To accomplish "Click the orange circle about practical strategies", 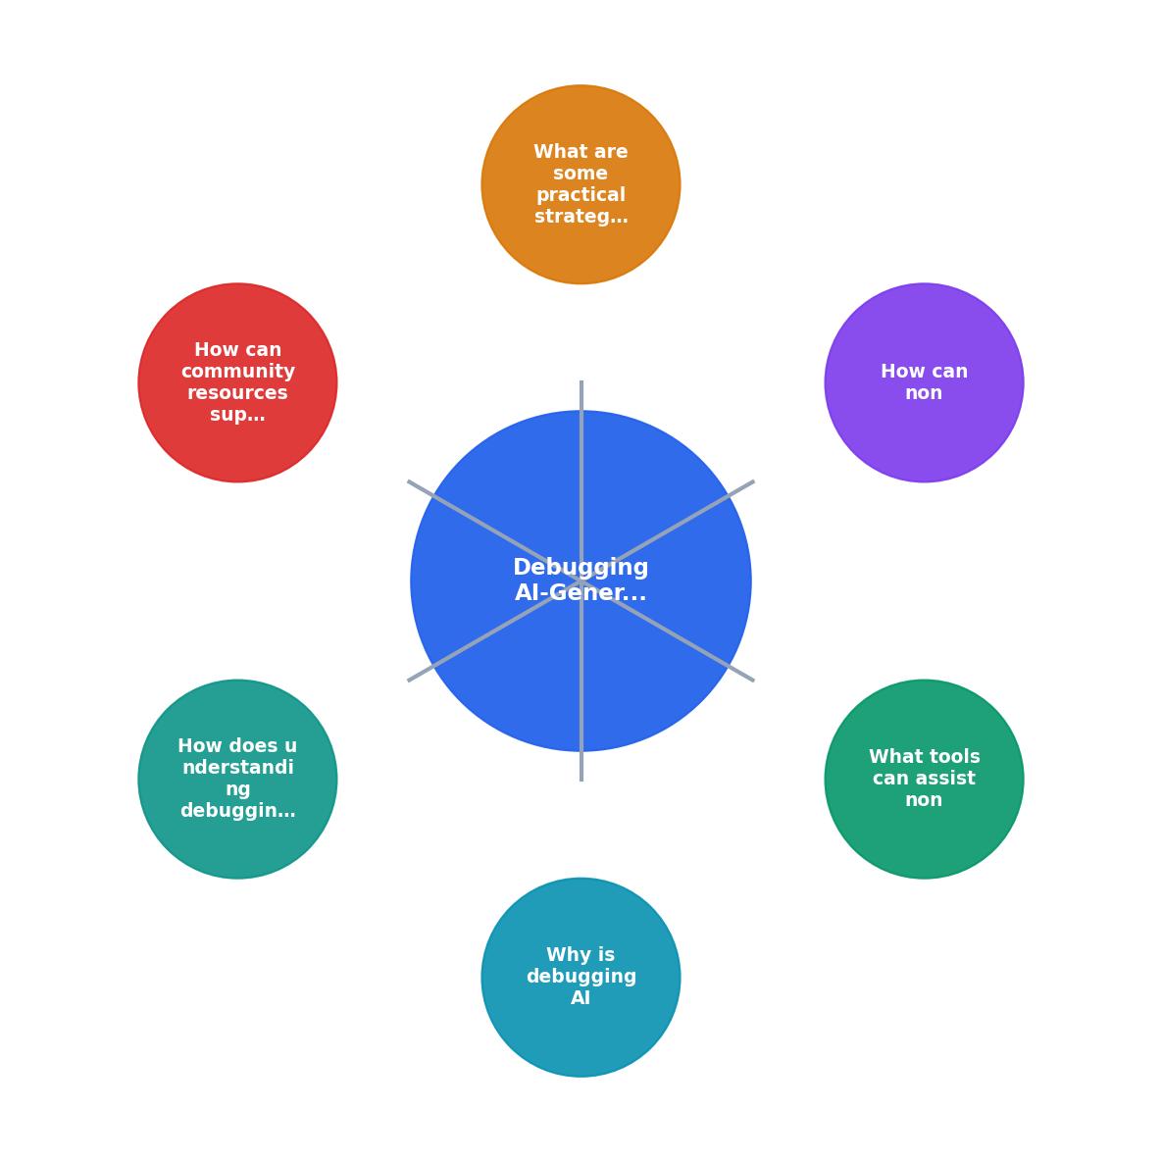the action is point(581,184).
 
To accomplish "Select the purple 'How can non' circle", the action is point(924,382).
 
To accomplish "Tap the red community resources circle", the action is point(238,382).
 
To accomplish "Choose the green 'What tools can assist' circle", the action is point(924,779).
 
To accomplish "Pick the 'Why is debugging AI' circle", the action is point(581,977).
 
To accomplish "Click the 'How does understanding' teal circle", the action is point(238,779).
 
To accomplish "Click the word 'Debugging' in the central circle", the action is point(581,568).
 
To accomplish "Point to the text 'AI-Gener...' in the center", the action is point(581,592).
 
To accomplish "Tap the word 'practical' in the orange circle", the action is point(581,195).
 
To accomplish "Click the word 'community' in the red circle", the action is point(238,372).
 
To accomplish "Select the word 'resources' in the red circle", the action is point(238,392).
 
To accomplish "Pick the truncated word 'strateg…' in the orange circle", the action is point(581,217).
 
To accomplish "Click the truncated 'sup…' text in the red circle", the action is point(238,415).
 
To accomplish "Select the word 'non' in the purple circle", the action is point(924,393).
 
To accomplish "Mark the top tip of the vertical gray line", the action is point(581,380).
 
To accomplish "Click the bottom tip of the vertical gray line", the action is point(581,782).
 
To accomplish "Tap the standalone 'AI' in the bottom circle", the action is point(581,997).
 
